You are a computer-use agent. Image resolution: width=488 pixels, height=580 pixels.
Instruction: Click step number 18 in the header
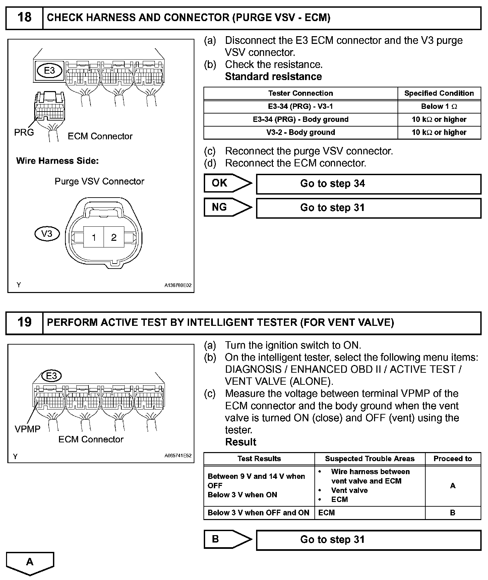tap(24, 17)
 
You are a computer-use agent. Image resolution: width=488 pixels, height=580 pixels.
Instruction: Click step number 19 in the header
tap(24, 322)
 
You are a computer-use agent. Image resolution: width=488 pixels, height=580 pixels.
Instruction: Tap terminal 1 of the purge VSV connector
tap(94, 237)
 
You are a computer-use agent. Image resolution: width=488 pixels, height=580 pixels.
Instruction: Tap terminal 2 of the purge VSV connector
tap(114, 237)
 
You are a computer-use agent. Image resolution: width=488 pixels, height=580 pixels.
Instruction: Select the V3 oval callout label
tap(47, 234)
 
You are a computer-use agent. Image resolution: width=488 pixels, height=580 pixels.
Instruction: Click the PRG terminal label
tap(24, 133)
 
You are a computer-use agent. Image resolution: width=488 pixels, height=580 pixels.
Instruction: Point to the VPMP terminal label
tap(27, 429)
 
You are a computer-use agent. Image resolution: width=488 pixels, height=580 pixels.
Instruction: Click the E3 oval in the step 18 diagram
tap(49, 70)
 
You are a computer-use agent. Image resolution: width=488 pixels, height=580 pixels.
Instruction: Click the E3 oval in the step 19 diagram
tap(51, 376)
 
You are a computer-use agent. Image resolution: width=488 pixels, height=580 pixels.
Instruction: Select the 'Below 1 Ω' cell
tap(439, 106)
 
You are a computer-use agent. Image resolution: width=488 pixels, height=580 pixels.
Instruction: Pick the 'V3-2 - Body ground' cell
tap(300, 132)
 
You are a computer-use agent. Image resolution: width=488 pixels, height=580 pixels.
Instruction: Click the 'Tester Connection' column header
tap(300, 93)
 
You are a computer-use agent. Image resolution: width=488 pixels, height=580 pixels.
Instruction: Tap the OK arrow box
tap(227, 183)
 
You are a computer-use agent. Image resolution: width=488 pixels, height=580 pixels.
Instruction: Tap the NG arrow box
tap(227, 207)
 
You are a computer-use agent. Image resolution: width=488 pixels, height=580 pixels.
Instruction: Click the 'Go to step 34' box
tap(368, 184)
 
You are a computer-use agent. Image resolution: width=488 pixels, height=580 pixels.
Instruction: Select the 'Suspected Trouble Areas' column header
tap(369, 459)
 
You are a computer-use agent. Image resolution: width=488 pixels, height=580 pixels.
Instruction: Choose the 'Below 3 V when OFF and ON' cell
tap(258, 513)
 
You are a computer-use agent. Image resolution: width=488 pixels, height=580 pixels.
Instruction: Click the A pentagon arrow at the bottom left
tap(30, 563)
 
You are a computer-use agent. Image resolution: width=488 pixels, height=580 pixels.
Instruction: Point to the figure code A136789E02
tap(178, 286)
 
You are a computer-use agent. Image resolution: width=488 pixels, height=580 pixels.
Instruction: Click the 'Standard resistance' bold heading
tap(273, 77)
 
